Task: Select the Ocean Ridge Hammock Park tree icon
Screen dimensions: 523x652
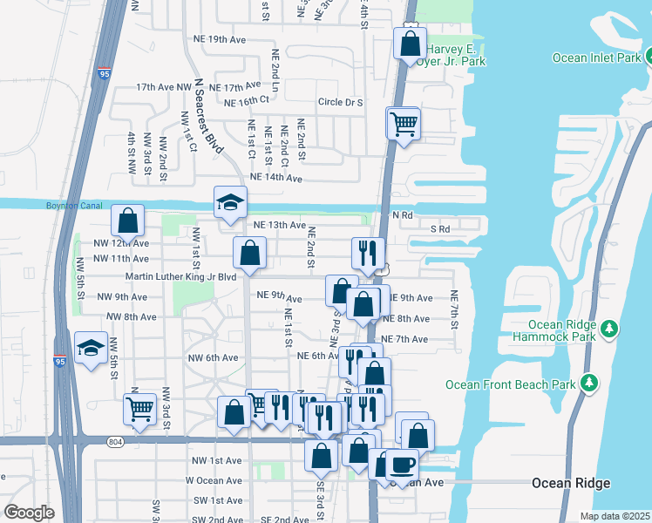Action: [611, 328]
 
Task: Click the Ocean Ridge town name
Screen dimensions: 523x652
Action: [571, 483]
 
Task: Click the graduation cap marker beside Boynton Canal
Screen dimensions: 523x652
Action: [230, 204]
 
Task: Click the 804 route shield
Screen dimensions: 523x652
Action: [116, 443]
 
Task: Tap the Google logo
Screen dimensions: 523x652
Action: [30, 513]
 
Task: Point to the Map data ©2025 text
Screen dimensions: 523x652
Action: [615, 516]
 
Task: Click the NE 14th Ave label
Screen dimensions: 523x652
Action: [275, 178]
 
